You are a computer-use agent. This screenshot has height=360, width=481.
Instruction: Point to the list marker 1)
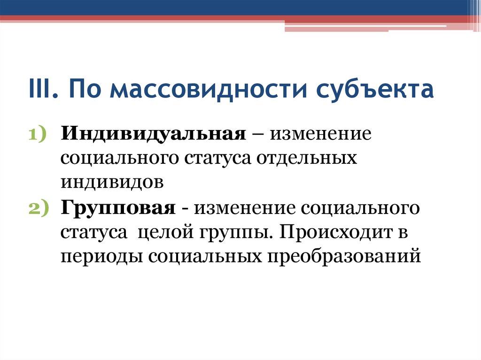tap(39, 134)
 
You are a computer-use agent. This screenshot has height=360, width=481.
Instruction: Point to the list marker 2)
tap(39, 207)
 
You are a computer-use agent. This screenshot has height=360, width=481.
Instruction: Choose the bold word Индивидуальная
tap(153, 134)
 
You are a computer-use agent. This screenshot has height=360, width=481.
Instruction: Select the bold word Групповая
tap(117, 207)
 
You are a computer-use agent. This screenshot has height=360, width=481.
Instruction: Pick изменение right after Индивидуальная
tap(320, 134)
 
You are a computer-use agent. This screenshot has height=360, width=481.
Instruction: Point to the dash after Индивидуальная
tap(257, 134)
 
